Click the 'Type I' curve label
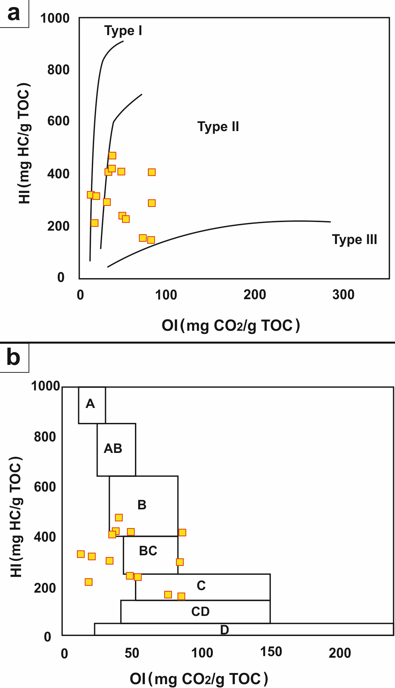tap(123, 31)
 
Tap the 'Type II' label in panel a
tap(218, 127)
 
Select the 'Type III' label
tap(354, 240)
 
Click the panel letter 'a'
tap(13, 13)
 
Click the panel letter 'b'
tap(13, 357)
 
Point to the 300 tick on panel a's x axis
tap(343, 295)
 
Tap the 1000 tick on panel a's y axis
tap(55, 18)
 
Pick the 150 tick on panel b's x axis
tap(271, 652)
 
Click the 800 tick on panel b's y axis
tap(45, 437)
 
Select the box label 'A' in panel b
tap(90, 404)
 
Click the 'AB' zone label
tap(113, 448)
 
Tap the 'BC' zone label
tap(148, 551)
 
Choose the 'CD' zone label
tap(200, 611)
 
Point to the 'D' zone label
tap(225, 630)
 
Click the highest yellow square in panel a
tap(112, 156)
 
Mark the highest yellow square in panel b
tap(119, 517)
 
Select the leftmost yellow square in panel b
tap(81, 554)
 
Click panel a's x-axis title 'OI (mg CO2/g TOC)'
tap(231, 326)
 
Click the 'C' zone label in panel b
tap(201, 586)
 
